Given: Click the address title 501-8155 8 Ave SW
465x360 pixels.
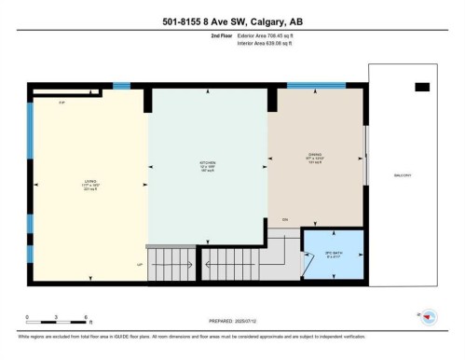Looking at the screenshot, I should pyautogui.click(x=233, y=21).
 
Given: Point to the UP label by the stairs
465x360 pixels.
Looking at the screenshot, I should pyautogui.click(x=140, y=266).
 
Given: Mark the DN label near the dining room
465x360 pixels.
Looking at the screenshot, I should pyautogui.click(x=285, y=219).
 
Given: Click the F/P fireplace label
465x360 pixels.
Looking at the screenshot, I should pyautogui.click(x=62, y=101).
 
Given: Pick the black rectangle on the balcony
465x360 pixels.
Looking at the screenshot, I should pyautogui.click(x=422, y=87).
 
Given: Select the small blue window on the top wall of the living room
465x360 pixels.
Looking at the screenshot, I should pyautogui.click(x=121, y=87).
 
